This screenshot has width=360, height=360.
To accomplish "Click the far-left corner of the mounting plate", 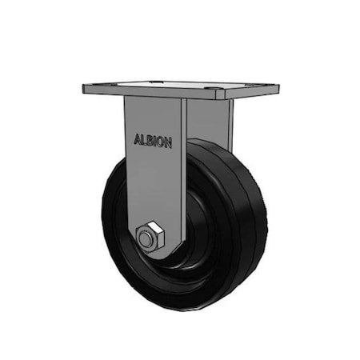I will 84,90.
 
